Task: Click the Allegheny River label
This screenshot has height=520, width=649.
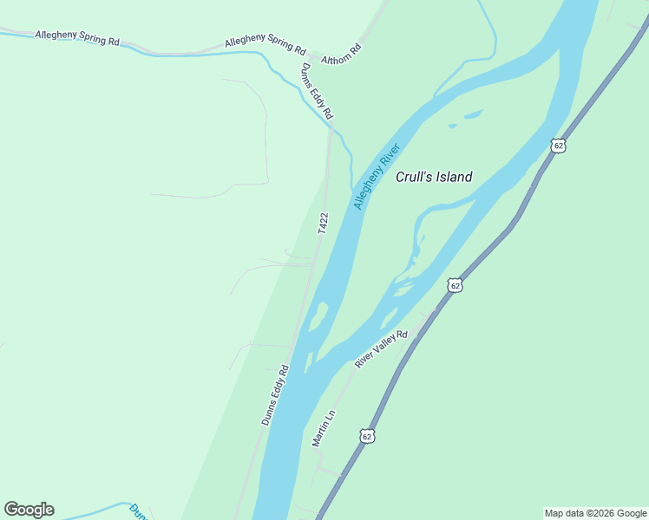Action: (x=377, y=176)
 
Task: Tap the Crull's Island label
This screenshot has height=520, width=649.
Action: (x=434, y=177)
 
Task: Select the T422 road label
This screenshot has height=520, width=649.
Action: (x=323, y=223)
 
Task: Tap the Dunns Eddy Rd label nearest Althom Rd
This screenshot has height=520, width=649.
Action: (x=317, y=90)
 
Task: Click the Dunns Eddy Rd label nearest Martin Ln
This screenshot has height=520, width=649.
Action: (x=274, y=394)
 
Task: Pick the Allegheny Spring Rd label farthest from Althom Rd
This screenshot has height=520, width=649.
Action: (x=77, y=37)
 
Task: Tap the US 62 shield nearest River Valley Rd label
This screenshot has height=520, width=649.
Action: (x=456, y=284)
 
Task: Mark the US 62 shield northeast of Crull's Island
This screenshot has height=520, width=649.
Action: (x=558, y=146)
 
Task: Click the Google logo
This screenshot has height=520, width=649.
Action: (x=29, y=509)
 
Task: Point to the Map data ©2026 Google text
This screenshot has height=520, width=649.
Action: (x=595, y=513)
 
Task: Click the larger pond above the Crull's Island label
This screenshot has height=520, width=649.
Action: (x=473, y=114)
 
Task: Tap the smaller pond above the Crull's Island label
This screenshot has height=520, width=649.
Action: (x=452, y=127)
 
